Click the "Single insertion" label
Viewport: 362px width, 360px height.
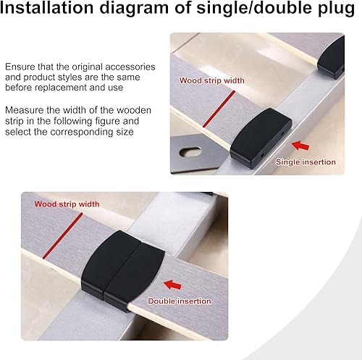tap(306, 162)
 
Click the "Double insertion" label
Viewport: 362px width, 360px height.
tap(180, 301)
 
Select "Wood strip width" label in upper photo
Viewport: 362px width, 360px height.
tap(211, 80)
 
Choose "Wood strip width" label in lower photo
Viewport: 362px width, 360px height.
tap(67, 204)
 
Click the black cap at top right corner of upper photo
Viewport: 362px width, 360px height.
tap(332, 58)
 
